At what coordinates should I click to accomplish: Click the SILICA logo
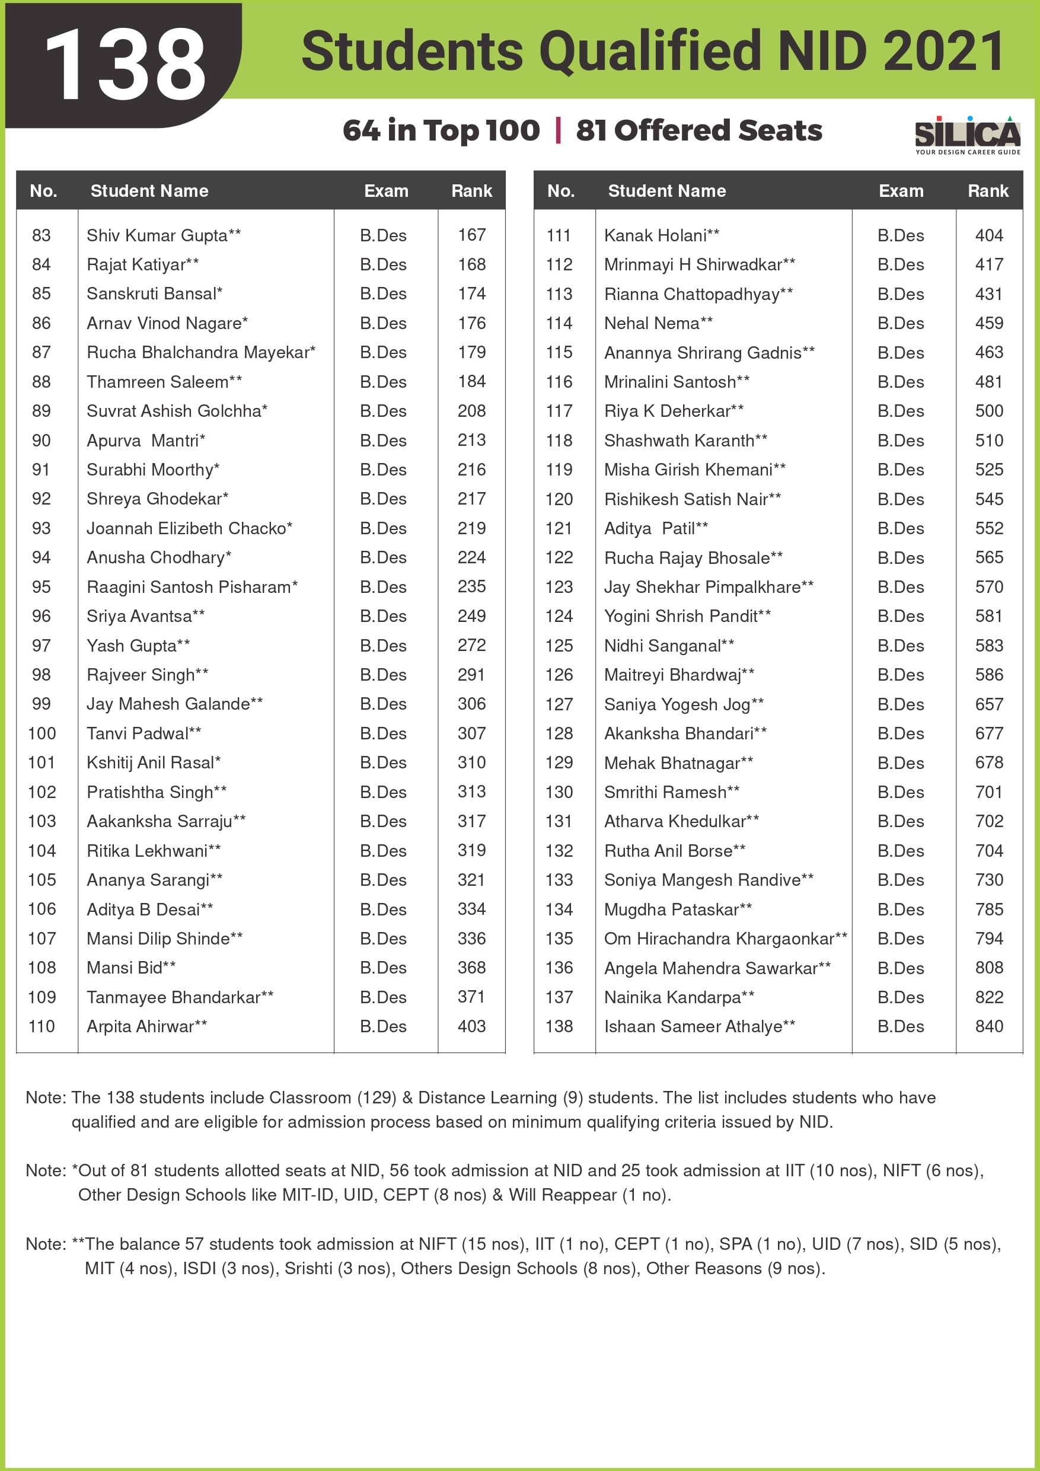coord(967,135)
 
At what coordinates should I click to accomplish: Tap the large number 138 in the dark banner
coord(126,64)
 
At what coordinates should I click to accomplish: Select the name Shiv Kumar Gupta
coord(157,235)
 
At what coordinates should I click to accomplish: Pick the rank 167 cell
coord(471,235)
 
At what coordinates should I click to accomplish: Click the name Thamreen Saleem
coord(158,382)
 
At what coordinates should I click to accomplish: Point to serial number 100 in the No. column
coord(42,733)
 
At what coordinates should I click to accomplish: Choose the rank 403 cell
coord(471,1026)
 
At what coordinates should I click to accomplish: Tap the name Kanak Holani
coord(656,235)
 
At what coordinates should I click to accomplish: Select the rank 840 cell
coord(989,1026)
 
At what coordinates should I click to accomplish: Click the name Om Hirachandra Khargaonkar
coord(719,939)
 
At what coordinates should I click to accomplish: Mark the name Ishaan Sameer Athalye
coord(693,1026)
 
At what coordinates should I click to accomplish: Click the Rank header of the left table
coord(471,191)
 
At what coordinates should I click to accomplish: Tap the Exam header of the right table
coord(901,191)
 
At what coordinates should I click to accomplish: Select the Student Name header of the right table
coord(667,191)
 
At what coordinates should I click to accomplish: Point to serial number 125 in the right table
coord(559,646)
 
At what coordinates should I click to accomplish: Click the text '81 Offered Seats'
coord(699,130)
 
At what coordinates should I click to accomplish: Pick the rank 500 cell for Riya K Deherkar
coord(989,411)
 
